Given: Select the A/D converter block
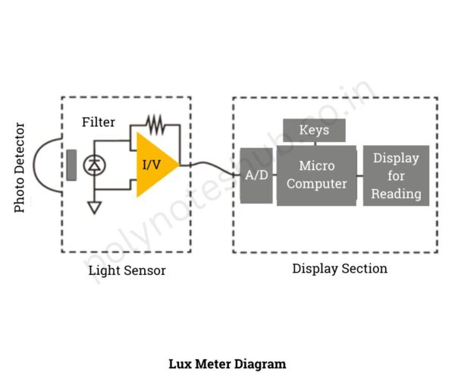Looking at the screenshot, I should point(256,175).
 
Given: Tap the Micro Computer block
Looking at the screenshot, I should point(316,174).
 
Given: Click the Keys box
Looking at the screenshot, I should point(314,130).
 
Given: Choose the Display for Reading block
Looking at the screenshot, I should point(396,175).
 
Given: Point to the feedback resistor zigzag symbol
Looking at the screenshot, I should point(155,122).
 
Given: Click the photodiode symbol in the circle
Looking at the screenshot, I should point(95,165).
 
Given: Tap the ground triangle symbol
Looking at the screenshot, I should point(95,207).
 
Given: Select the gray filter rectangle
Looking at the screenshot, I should point(71,165).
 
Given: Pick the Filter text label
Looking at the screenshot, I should point(99,122).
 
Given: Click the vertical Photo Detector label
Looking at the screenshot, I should point(20,168).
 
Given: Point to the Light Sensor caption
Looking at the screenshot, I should point(127,270).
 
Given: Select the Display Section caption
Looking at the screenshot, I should point(340,268).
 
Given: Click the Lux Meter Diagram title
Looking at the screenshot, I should point(227,364).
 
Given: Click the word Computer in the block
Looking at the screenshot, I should point(316,184).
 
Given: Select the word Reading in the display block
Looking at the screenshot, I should point(396,194).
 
